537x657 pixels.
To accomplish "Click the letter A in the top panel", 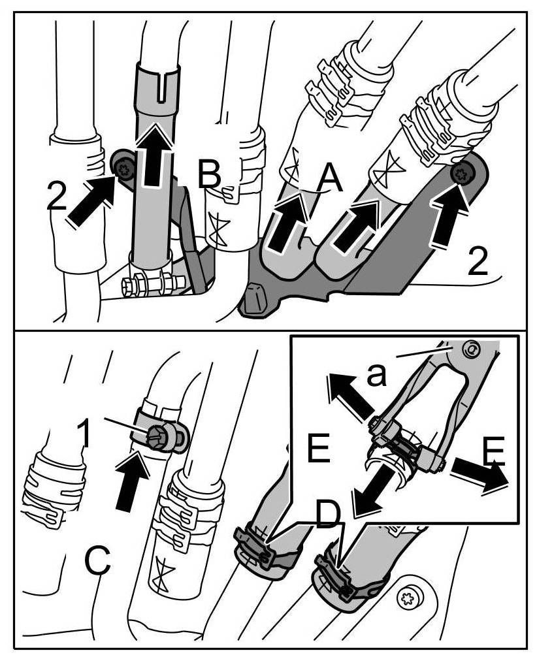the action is tap(329, 177).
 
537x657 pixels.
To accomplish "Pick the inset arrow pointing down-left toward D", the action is tap(372, 491).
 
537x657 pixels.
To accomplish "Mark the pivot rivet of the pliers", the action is tap(469, 350).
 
